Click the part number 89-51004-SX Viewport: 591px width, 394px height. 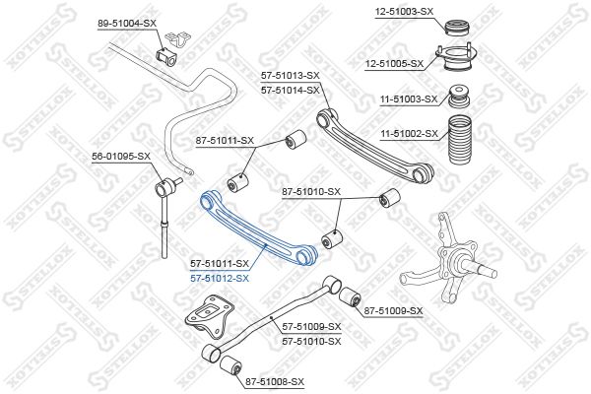[127, 24]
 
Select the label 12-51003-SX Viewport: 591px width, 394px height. [404, 12]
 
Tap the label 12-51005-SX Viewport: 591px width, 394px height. [394, 64]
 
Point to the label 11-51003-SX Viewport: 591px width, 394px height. [409, 99]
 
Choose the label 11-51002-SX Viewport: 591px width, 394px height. [409, 134]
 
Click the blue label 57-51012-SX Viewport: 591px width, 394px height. [220, 279]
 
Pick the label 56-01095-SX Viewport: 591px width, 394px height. [121, 156]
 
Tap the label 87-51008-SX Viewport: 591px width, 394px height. [275, 382]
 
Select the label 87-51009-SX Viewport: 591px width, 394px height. [393, 311]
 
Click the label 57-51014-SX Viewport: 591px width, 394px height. [291, 91]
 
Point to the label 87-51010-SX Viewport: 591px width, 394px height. [311, 192]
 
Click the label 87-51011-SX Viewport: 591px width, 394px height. [225, 141]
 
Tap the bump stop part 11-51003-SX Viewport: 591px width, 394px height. [459, 97]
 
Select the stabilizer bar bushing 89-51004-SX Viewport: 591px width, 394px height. [165, 55]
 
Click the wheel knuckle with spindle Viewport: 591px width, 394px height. [448, 260]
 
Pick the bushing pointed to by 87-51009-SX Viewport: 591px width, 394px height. [350, 297]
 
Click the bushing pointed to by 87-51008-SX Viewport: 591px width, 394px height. [230, 365]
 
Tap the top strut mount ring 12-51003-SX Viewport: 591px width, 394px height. [458, 29]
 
